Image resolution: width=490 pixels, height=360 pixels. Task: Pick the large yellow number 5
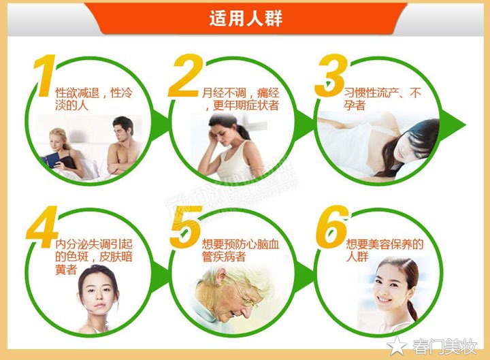pyautogui.click(x=184, y=225)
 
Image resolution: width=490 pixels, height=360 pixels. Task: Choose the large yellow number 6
pyautogui.click(x=332, y=225)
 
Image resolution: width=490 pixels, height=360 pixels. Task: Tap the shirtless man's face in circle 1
pyautogui.click(x=123, y=129)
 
